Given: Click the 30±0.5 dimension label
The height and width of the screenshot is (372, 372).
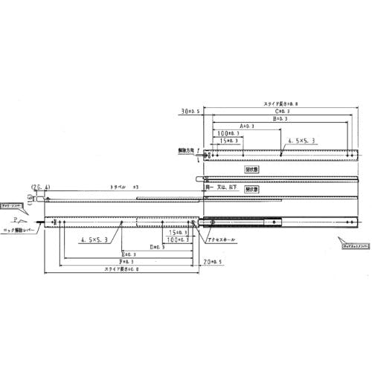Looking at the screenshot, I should (188, 112).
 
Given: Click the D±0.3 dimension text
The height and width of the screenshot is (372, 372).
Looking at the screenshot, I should (158, 246).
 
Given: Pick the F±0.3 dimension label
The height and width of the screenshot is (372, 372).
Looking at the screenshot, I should (124, 262).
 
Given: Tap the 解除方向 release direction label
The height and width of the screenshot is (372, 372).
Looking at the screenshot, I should (187, 150).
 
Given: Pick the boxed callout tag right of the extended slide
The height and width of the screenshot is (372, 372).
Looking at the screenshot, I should (353, 241).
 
